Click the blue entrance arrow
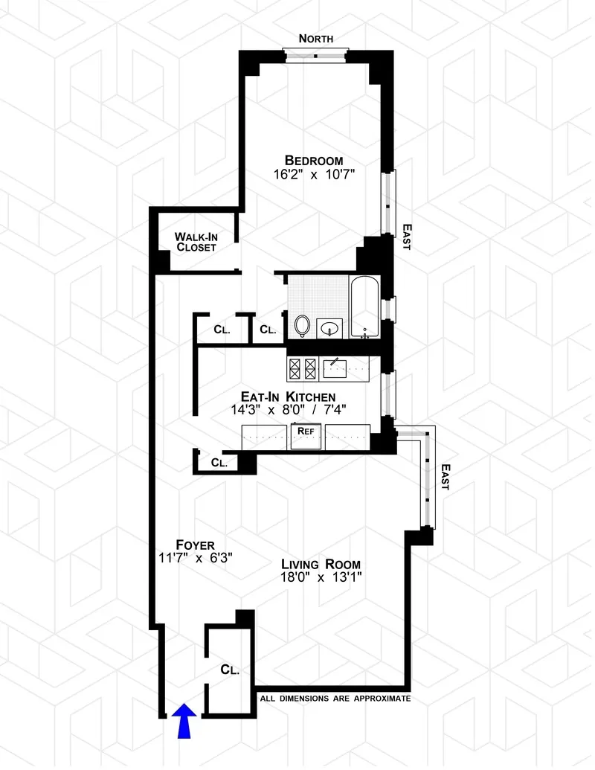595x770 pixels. [184, 721]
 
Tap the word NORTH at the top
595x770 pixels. [315, 39]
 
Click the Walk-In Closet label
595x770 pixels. [196, 242]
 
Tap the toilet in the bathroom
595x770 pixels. [302, 325]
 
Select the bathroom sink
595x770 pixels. [332, 327]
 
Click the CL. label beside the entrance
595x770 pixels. [230, 670]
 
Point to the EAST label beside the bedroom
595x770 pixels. [406, 237]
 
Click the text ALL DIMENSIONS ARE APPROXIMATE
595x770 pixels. [335, 699]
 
